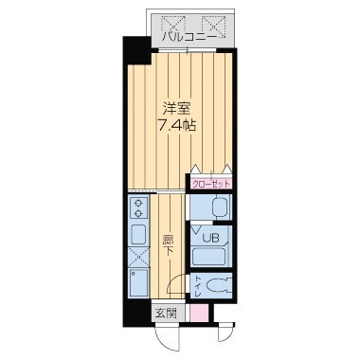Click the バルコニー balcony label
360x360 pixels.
coord(189,37)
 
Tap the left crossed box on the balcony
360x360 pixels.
coord(172,26)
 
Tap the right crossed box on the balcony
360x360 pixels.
coord(214,26)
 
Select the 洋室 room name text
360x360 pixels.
coord(176,109)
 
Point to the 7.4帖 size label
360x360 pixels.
coord(177,125)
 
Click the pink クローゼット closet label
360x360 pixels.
coord(210,184)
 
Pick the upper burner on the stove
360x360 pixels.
coord(138,203)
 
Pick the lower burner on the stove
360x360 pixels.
coord(138,214)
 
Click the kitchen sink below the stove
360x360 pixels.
coord(138,234)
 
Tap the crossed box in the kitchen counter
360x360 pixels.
coord(138,257)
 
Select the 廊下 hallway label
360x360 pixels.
coord(169,245)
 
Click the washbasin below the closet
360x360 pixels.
coord(221,207)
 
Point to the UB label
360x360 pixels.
coord(210,238)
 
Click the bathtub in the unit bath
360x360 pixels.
coord(209,257)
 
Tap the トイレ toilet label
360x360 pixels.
coord(198,287)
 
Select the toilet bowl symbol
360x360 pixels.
coord(219,285)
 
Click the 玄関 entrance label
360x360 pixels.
coord(165,314)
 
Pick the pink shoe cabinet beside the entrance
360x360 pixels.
coord(199,313)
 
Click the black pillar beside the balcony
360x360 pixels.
coord(136,50)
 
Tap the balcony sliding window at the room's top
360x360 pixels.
coord(188,50)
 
